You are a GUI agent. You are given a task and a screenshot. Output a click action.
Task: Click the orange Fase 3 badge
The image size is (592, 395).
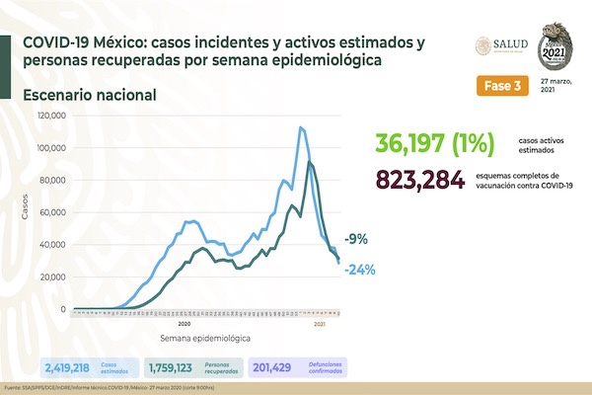tap(499, 85)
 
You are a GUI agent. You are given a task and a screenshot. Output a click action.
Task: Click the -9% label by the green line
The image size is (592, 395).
tap(357, 238)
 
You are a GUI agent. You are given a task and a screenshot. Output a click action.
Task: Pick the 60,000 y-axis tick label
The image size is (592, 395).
tap(53, 212)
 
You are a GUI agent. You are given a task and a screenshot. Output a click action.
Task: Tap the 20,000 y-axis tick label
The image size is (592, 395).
tap(53, 276)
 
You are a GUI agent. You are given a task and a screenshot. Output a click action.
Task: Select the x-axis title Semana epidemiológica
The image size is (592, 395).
tap(194, 338)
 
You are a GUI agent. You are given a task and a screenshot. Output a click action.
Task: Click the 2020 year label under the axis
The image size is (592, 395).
tap(184, 323)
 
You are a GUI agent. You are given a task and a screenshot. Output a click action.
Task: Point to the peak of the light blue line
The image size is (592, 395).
tap(301, 127)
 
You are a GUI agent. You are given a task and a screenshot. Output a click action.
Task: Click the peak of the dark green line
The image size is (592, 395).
tap(310, 162)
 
